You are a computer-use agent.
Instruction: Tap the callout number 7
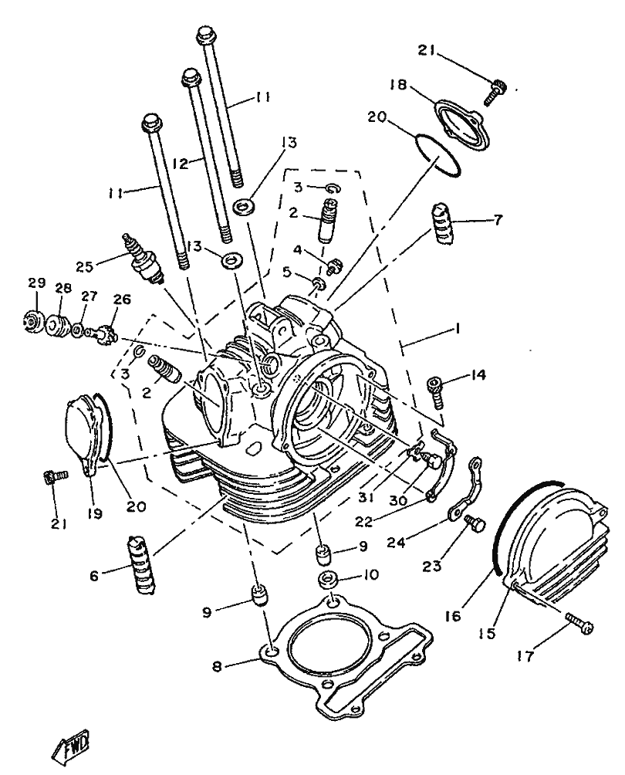click(x=498, y=220)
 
